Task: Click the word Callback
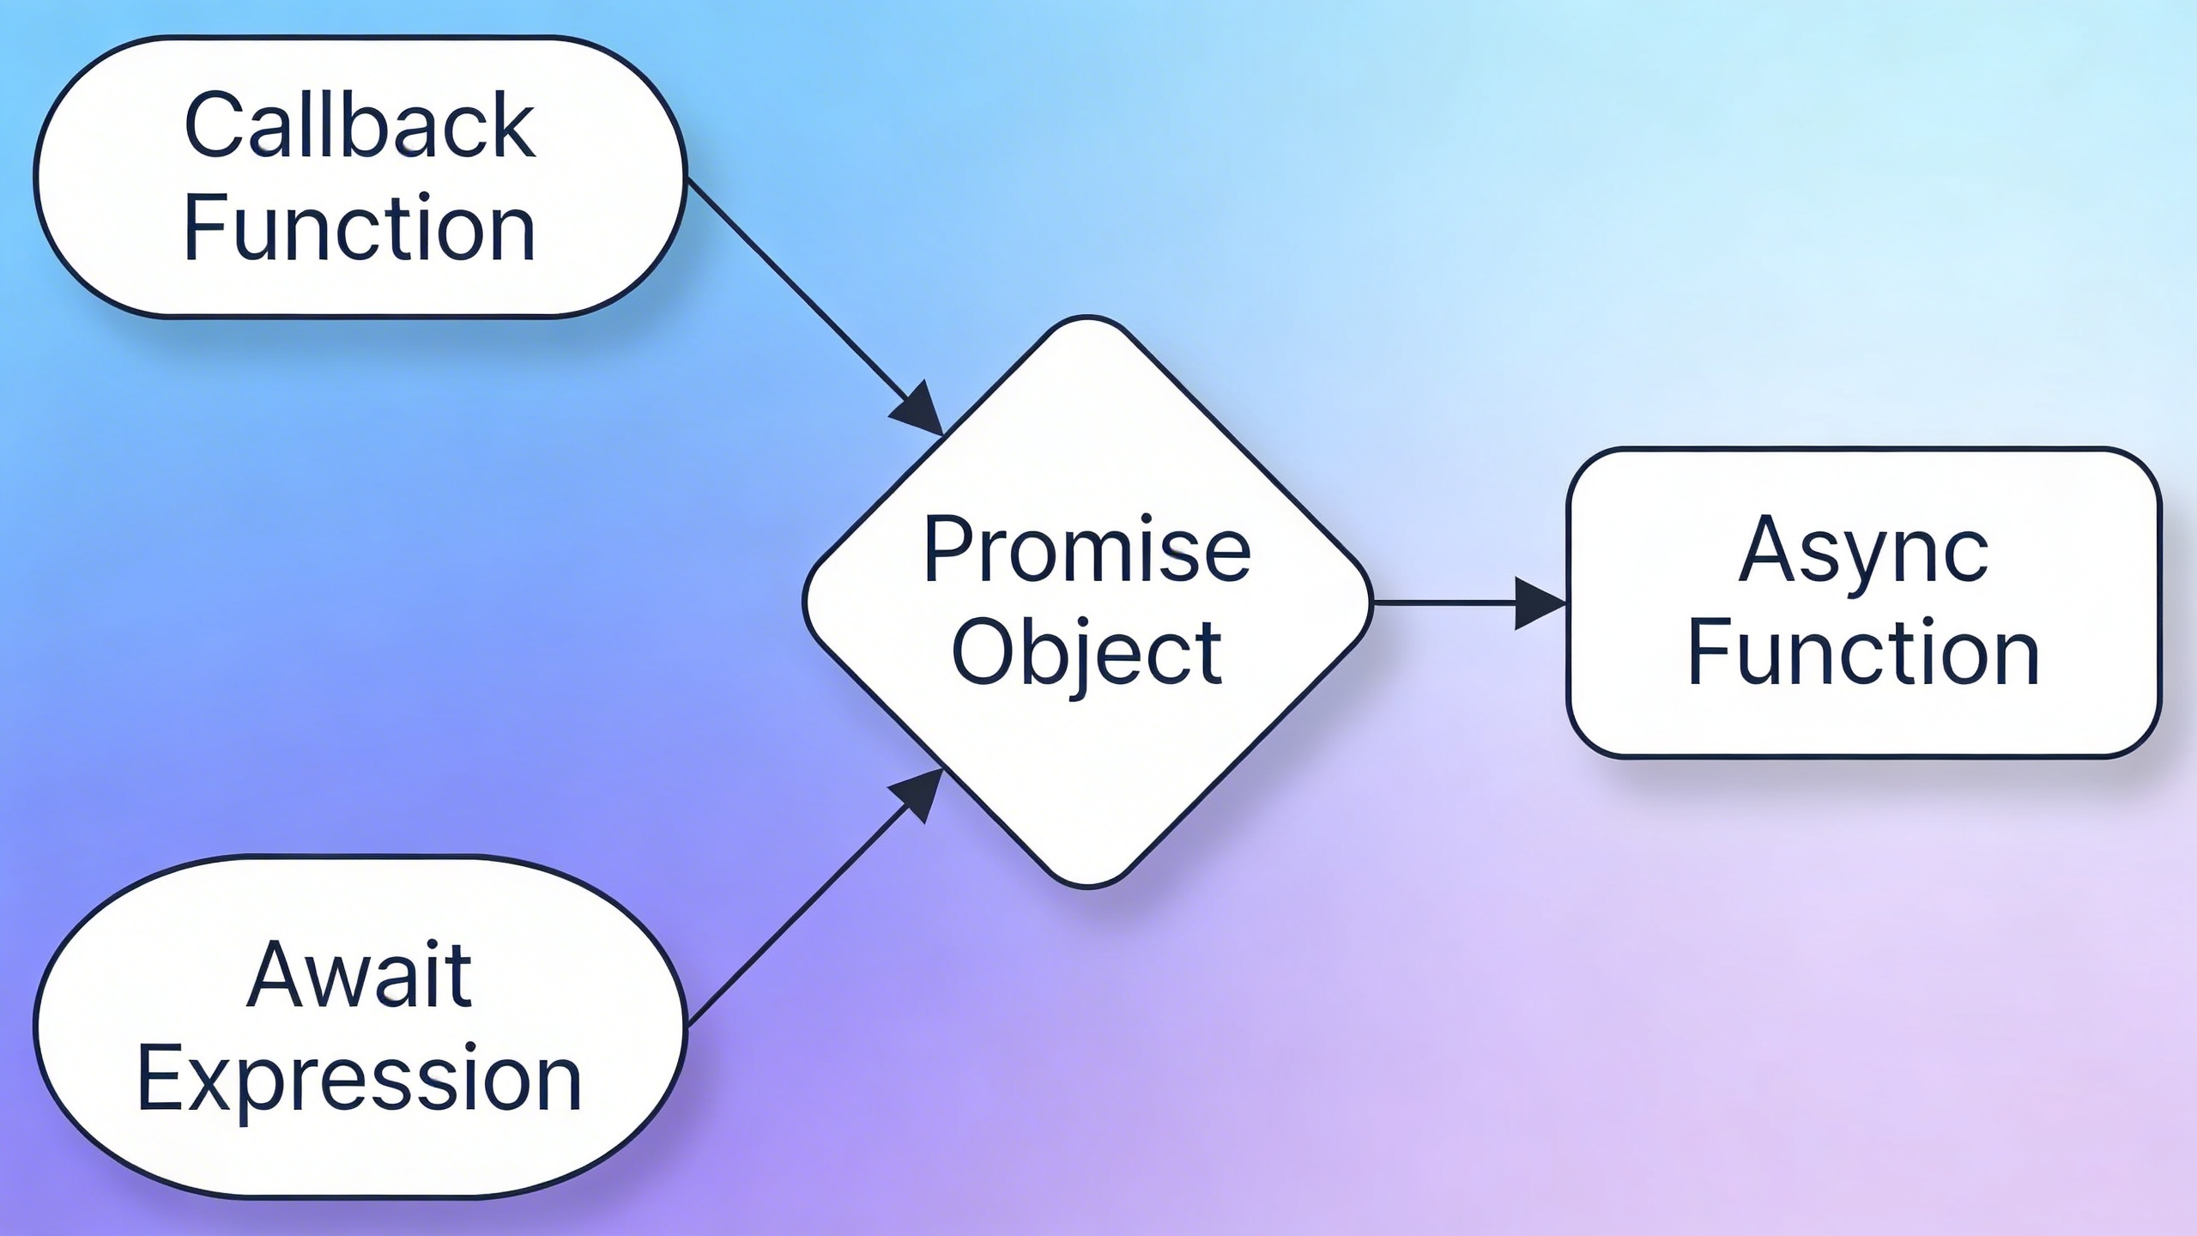[x=360, y=126]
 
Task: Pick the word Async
[x=1863, y=551]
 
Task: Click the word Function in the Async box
[x=1863, y=654]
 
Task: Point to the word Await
[x=360, y=976]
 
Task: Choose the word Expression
[x=360, y=1079]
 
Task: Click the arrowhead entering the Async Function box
[x=1540, y=603]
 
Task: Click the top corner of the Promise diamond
[x=1087, y=319]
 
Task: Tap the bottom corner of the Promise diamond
[x=1087, y=885]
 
